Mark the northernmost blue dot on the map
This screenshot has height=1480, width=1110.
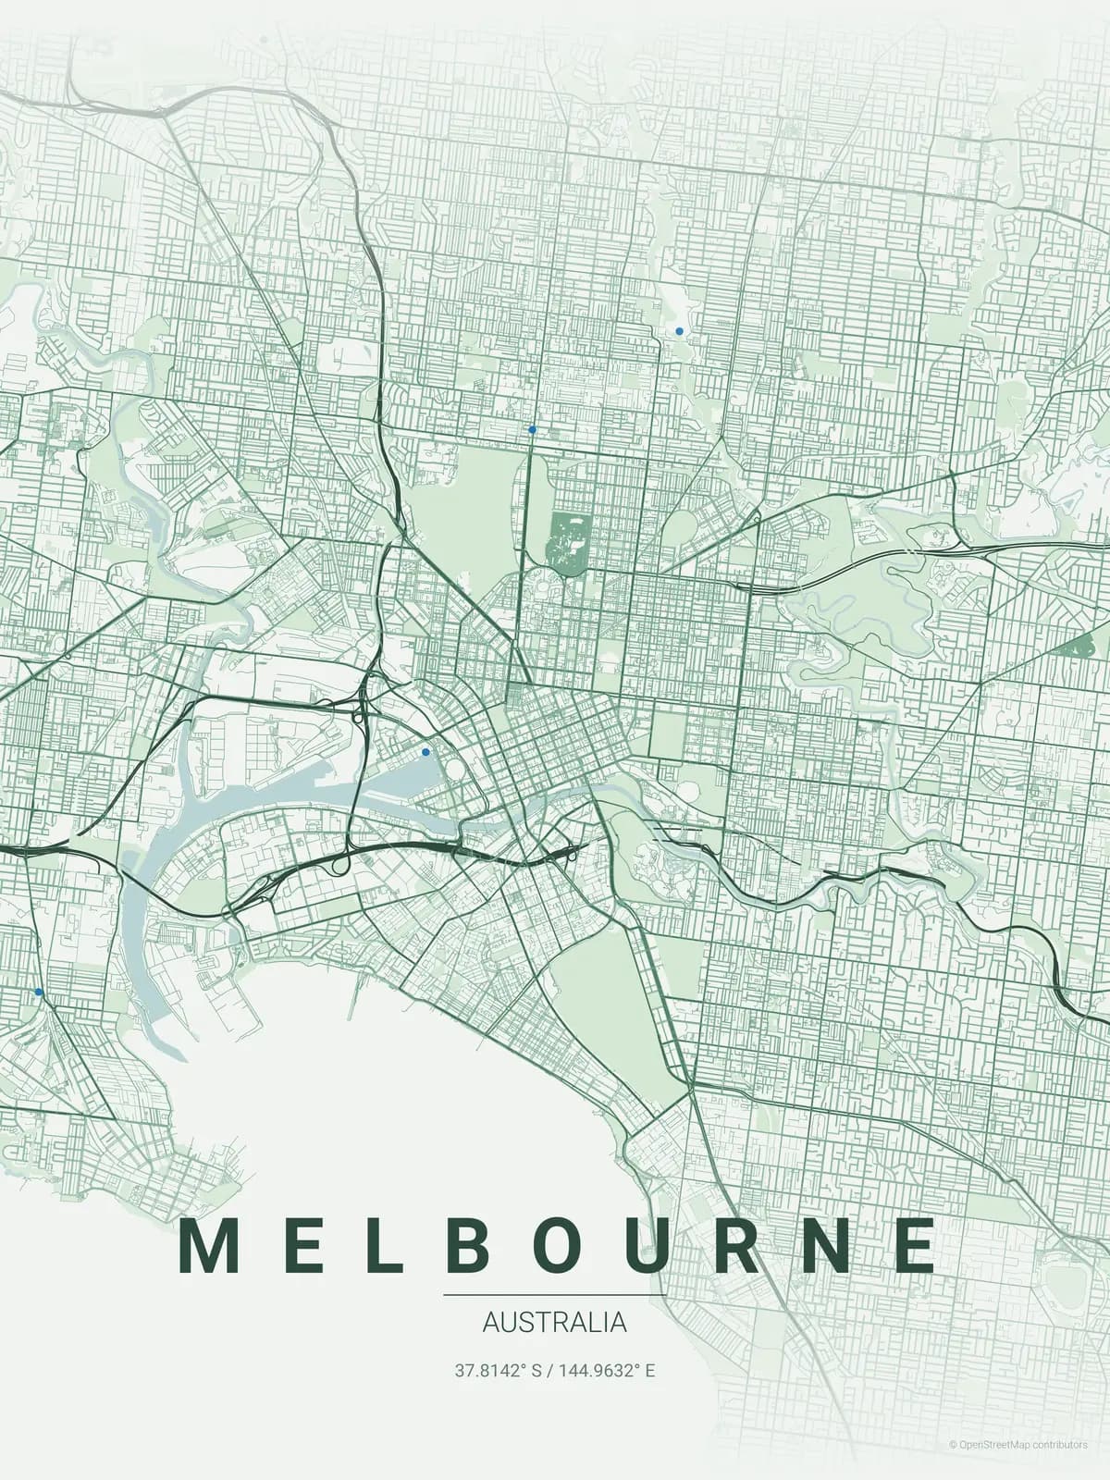click(679, 330)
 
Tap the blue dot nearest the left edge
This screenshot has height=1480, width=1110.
click(38, 992)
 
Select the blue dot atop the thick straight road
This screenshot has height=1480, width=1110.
click(532, 429)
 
